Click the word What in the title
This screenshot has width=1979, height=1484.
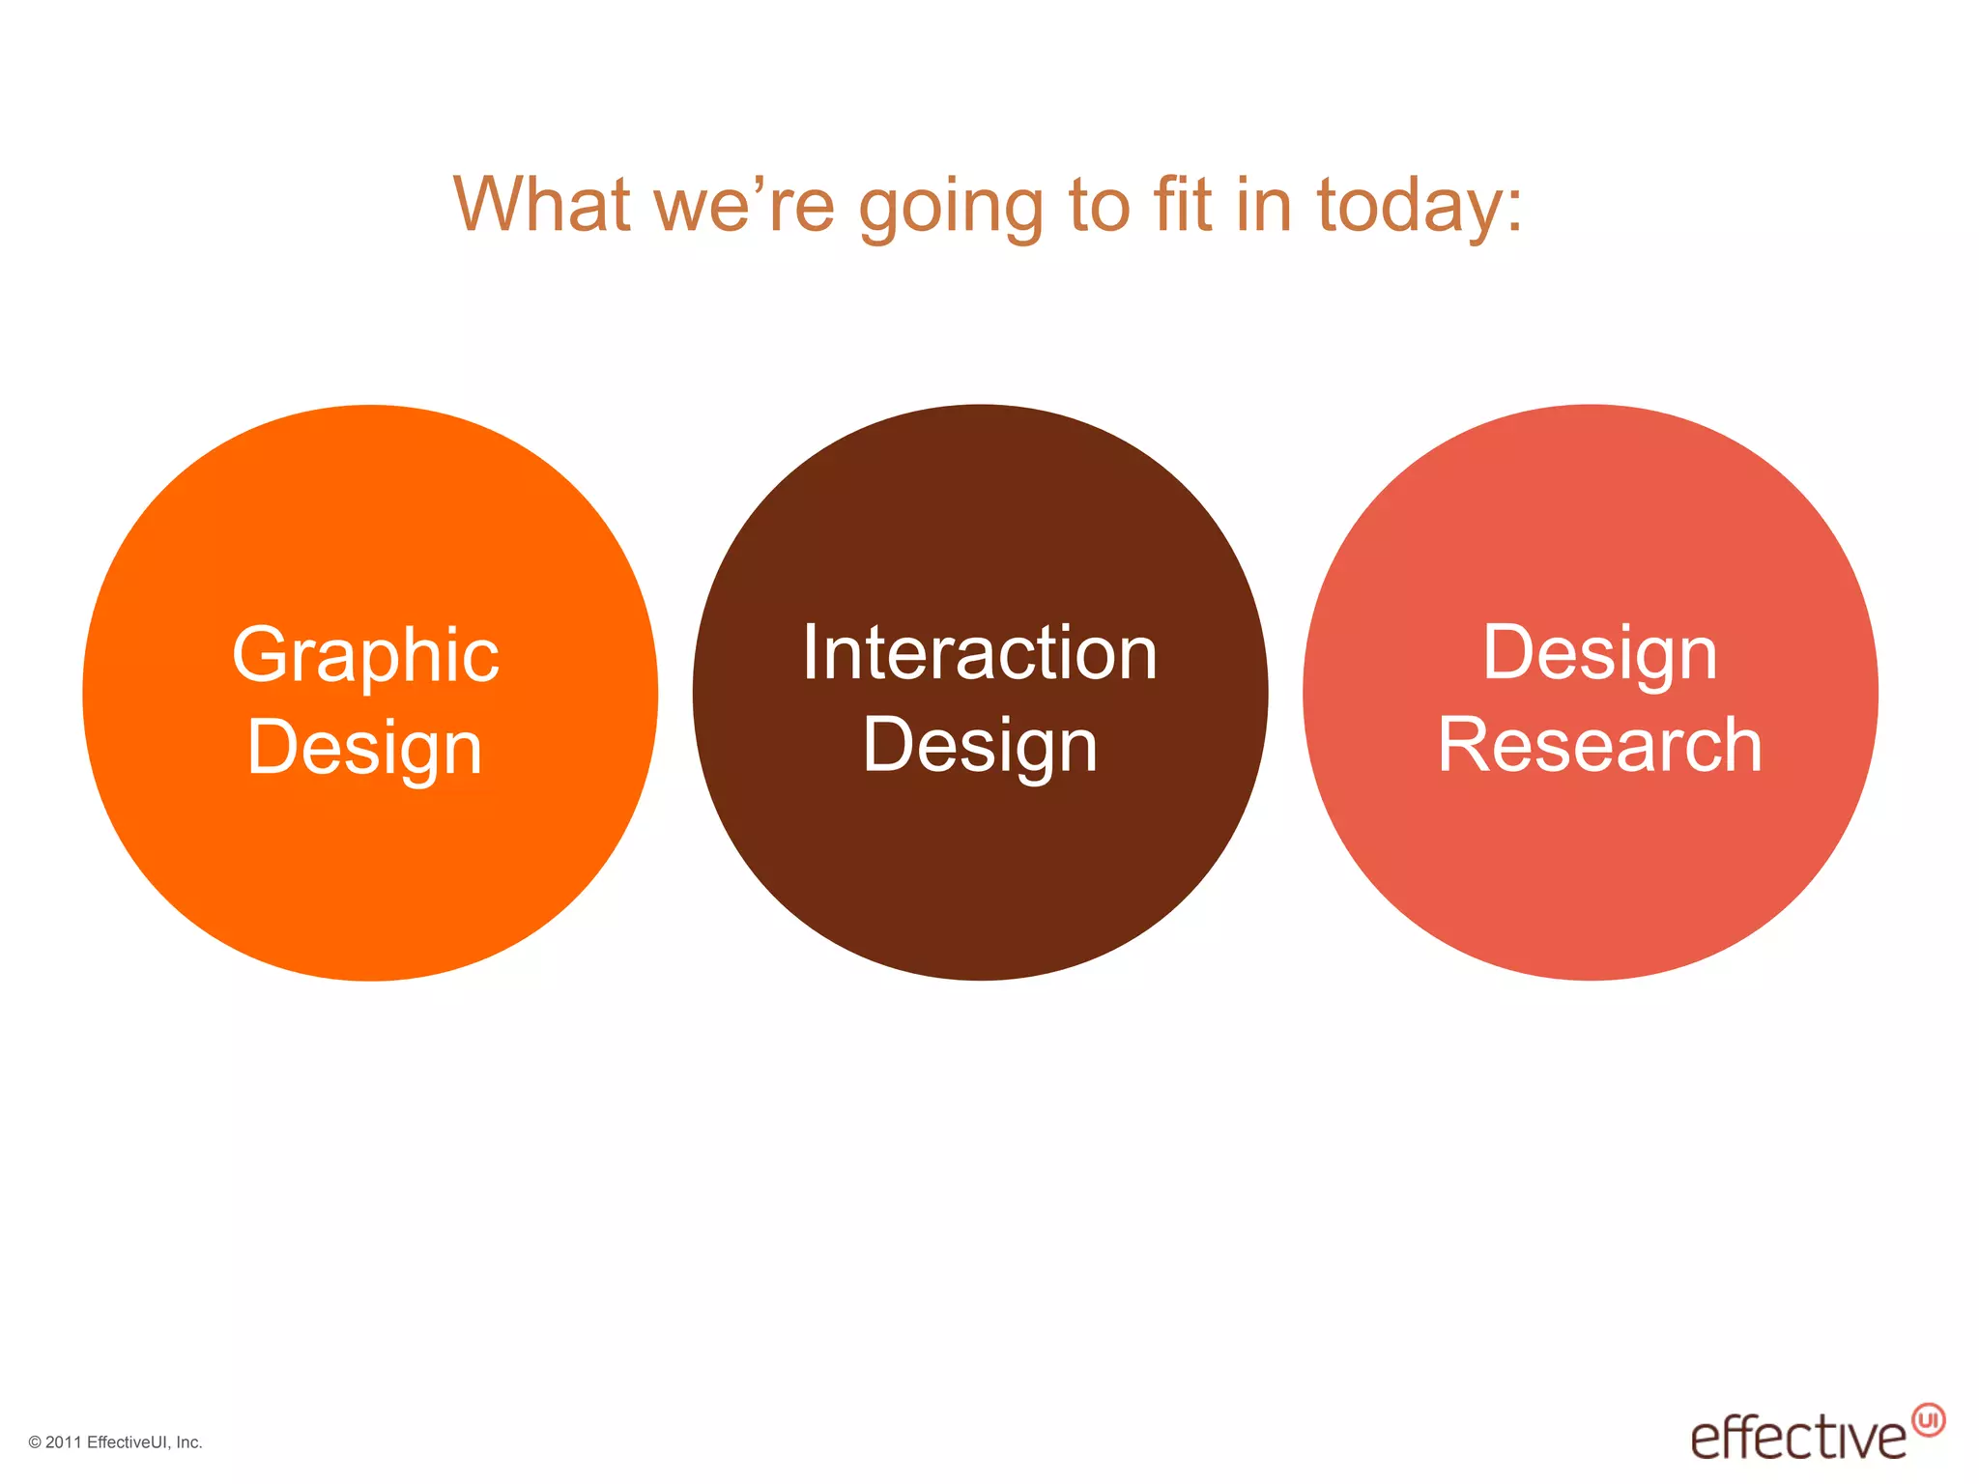[542, 205]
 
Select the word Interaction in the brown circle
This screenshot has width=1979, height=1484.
[980, 654]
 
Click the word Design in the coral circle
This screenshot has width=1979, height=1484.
[1600, 654]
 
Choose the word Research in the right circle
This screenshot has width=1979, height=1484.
[1600, 746]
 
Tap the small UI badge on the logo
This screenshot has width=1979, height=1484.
[1929, 1420]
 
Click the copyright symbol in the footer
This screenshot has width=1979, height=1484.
[35, 1442]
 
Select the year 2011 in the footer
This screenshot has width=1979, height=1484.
[64, 1442]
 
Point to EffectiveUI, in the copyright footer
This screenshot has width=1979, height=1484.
[129, 1442]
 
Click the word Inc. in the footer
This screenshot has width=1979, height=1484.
[189, 1442]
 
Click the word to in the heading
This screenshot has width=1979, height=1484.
[1099, 205]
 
